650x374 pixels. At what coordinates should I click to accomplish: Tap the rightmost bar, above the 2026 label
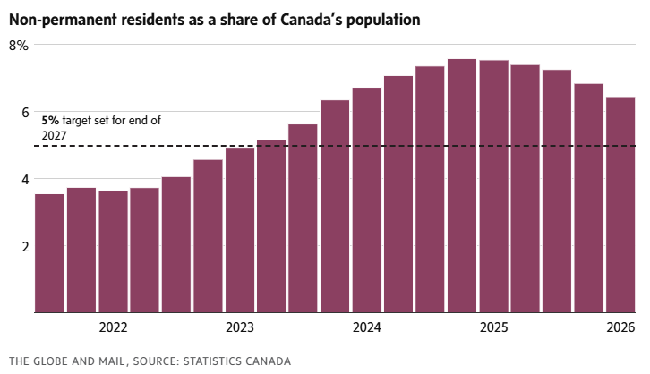620,205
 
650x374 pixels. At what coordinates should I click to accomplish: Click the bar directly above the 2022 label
113,251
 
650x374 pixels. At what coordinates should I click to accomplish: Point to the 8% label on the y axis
19,46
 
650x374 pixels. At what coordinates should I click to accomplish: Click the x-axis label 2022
113,327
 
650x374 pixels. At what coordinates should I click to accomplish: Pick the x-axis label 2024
366,327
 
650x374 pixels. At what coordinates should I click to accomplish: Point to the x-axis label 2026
620,327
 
